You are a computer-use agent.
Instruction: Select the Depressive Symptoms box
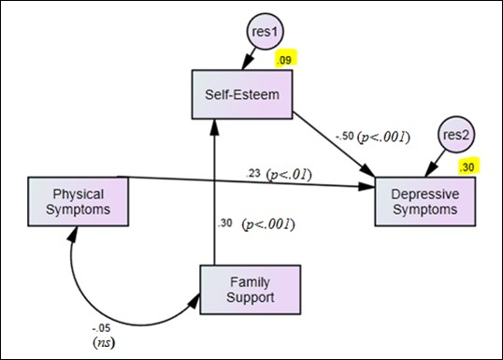pyautogui.click(x=425, y=200)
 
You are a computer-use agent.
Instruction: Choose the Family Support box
pyautogui.click(x=250, y=290)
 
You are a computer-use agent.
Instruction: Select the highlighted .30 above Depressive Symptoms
pyautogui.click(x=468, y=166)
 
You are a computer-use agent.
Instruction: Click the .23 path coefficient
pyautogui.click(x=252, y=174)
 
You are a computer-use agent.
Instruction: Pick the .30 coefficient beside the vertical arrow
pyautogui.click(x=224, y=223)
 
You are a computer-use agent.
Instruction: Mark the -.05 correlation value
pyautogui.click(x=100, y=328)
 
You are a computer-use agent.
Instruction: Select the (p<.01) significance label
pyautogui.click(x=289, y=174)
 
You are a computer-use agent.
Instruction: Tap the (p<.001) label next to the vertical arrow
pyautogui.click(x=268, y=223)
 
